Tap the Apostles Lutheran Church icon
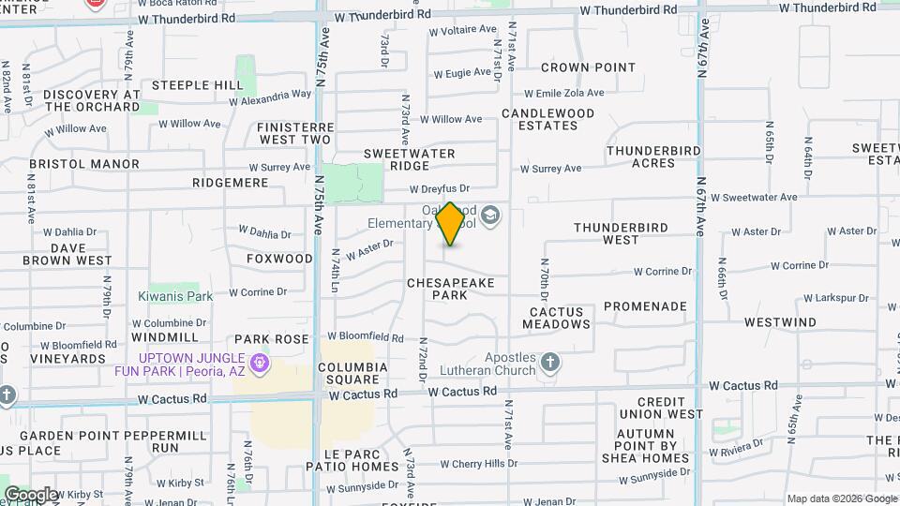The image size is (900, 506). click(x=550, y=362)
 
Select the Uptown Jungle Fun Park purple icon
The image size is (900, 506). click(x=260, y=361)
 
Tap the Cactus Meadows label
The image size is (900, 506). click(x=557, y=318)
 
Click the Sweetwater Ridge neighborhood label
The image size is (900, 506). click(x=409, y=159)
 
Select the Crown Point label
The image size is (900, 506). click(x=588, y=67)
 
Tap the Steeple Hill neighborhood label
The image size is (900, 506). click(x=197, y=85)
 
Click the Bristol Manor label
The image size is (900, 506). click(x=83, y=164)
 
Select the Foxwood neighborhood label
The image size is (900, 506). click(x=279, y=259)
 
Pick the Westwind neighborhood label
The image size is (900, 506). click(x=780, y=322)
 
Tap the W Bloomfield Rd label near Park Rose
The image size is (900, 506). click(x=365, y=336)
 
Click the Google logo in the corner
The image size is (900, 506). click(x=31, y=494)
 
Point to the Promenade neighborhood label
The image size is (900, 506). click(x=645, y=306)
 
